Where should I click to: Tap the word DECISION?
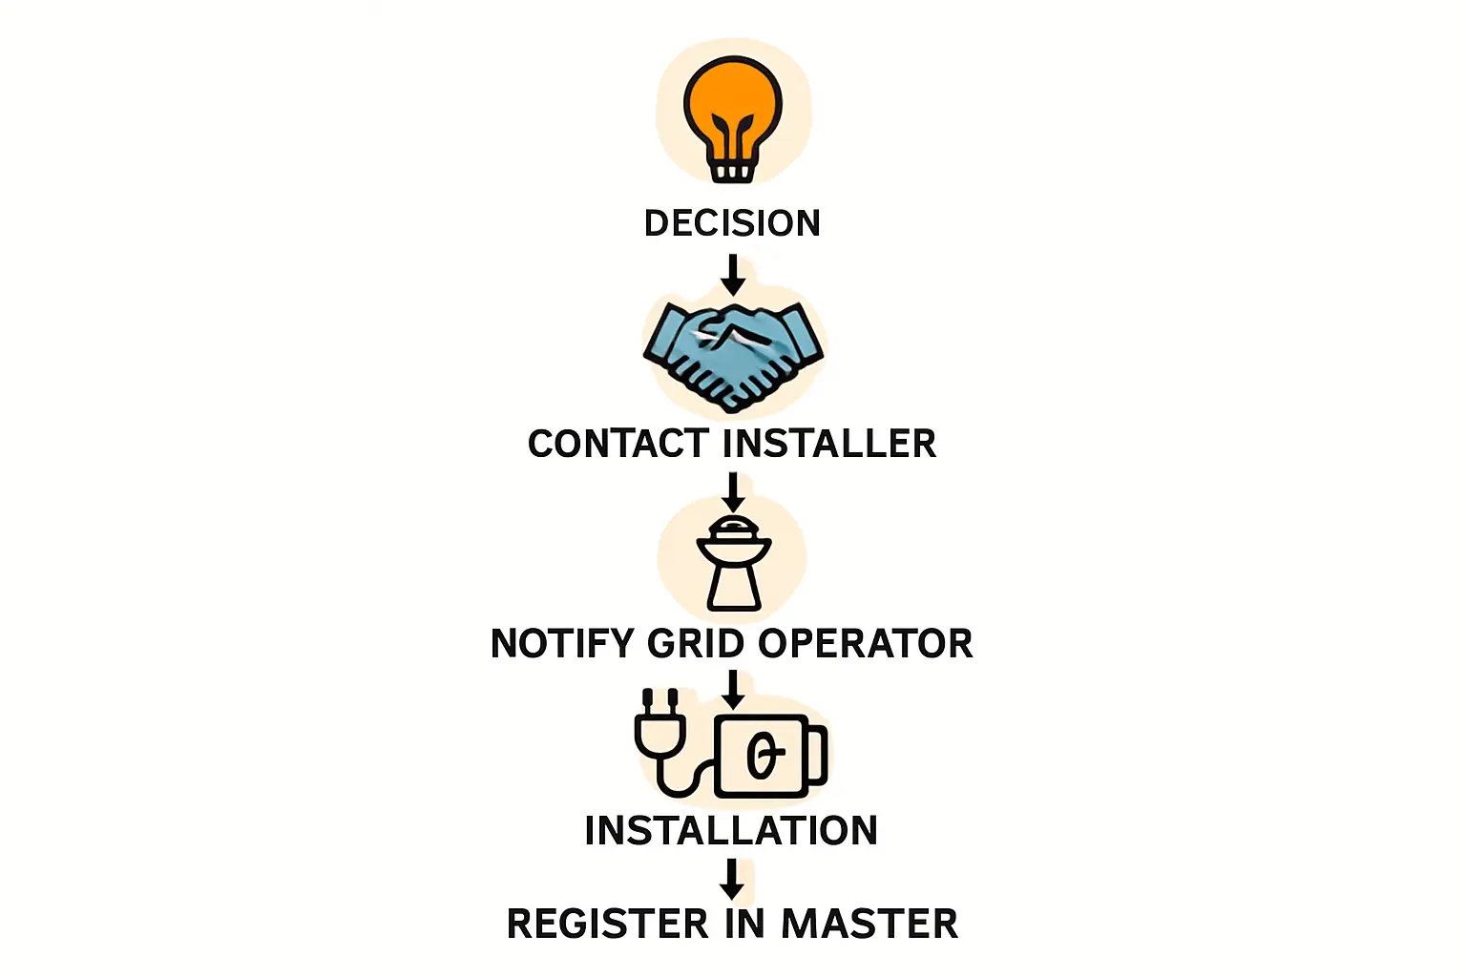[732, 223]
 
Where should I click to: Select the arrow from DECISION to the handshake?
[732, 275]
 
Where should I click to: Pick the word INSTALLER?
[829, 444]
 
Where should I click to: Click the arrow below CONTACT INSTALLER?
[732, 492]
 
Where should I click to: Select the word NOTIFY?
[562, 644]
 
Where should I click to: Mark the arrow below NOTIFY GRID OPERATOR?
[732, 689]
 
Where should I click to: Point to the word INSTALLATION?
[731, 831]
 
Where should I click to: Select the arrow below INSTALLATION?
[732, 879]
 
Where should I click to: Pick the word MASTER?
[869, 925]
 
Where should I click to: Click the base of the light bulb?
[732, 172]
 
